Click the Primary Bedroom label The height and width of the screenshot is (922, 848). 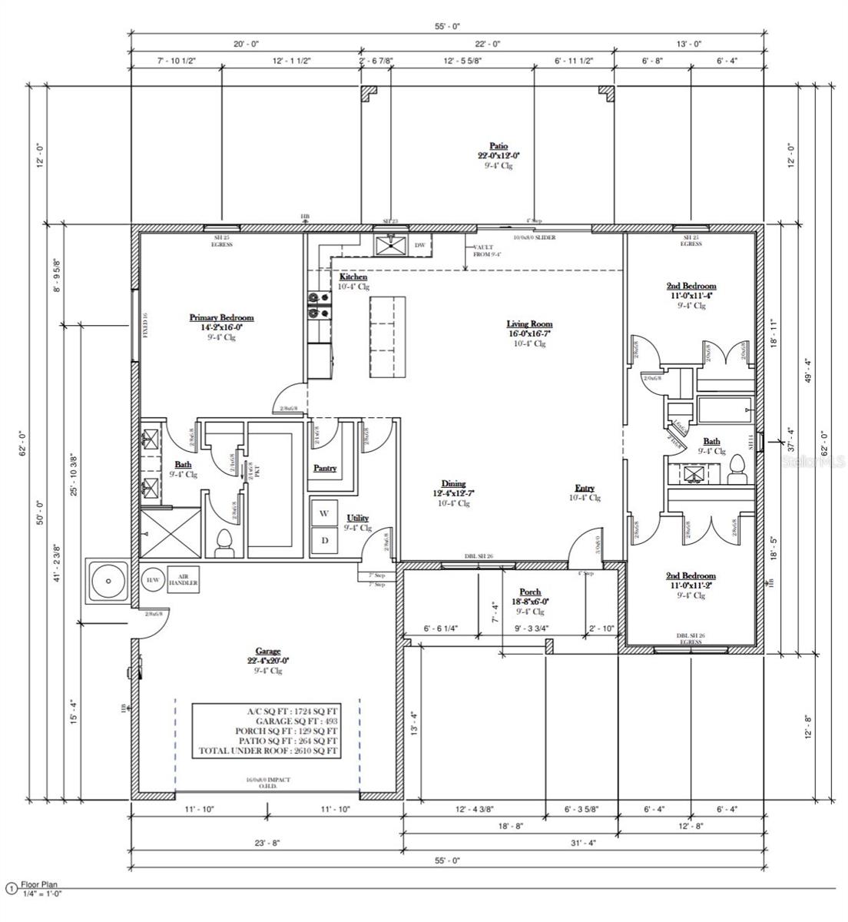click(x=221, y=317)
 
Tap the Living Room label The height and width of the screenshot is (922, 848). click(x=529, y=324)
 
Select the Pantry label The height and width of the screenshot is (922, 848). click(x=325, y=468)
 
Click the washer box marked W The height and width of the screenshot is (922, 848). click(x=324, y=512)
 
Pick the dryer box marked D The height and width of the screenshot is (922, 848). click(x=324, y=540)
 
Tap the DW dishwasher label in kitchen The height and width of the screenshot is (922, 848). click(x=420, y=246)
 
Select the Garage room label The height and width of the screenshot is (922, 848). click(x=263, y=651)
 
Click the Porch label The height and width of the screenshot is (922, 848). click(x=530, y=592)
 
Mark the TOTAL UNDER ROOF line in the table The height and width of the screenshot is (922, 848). click(x=268, y=751)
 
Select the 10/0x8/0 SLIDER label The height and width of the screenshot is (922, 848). click(x=534, y=237)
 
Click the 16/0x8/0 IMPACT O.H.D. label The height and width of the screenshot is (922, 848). click(x=267, y=783)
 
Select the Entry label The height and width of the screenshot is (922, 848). click(x=585, y=489)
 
